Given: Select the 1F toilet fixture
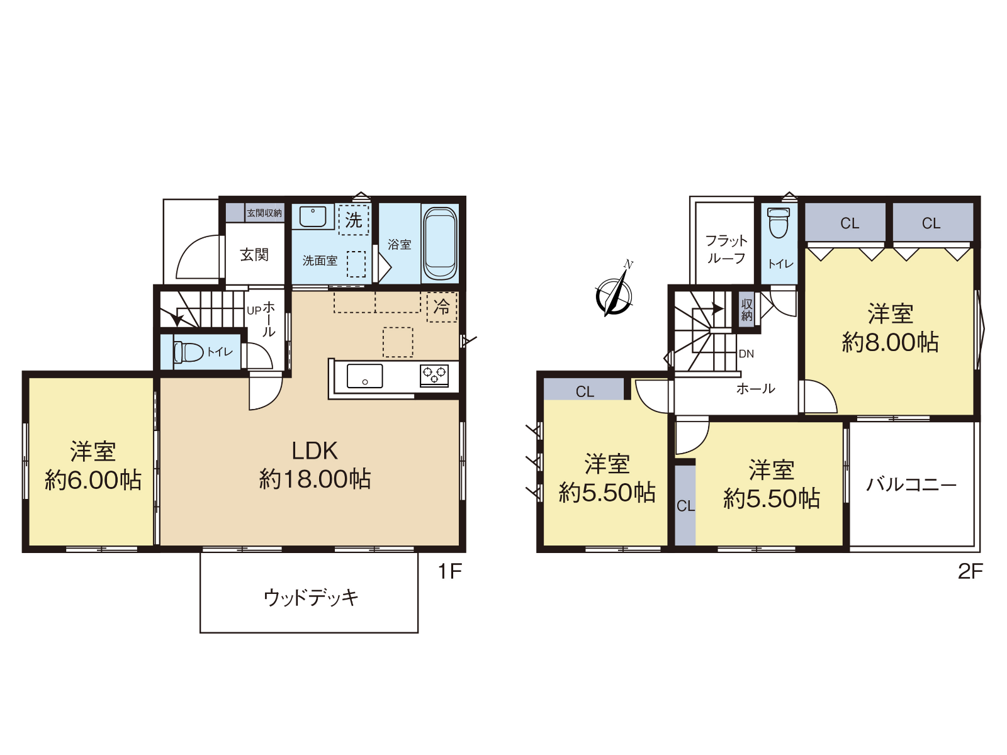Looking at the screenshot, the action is point(189,352).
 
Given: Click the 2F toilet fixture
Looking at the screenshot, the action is point(779,223).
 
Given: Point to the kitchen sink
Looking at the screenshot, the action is point(364,376).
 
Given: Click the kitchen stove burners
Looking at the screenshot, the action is point(434,376).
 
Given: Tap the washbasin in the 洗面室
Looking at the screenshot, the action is point(313,216).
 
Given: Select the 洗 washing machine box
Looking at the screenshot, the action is point(353,220).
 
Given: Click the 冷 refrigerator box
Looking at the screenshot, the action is point(441,306).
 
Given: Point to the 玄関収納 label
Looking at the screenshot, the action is point(264,213).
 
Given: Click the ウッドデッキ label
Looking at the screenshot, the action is point(310,598).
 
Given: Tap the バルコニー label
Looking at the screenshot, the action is point(911,484).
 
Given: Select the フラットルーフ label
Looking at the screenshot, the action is point(726,249).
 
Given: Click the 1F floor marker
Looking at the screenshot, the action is point(449,571).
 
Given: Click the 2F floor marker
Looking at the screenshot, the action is point(970,571).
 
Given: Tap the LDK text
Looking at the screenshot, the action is point(315,451).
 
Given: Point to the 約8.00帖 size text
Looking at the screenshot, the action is point(890,342).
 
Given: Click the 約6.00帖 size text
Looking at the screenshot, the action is point(93,480).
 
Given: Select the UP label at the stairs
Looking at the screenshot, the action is point(254,310).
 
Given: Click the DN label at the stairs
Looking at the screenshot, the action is point(746,354).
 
